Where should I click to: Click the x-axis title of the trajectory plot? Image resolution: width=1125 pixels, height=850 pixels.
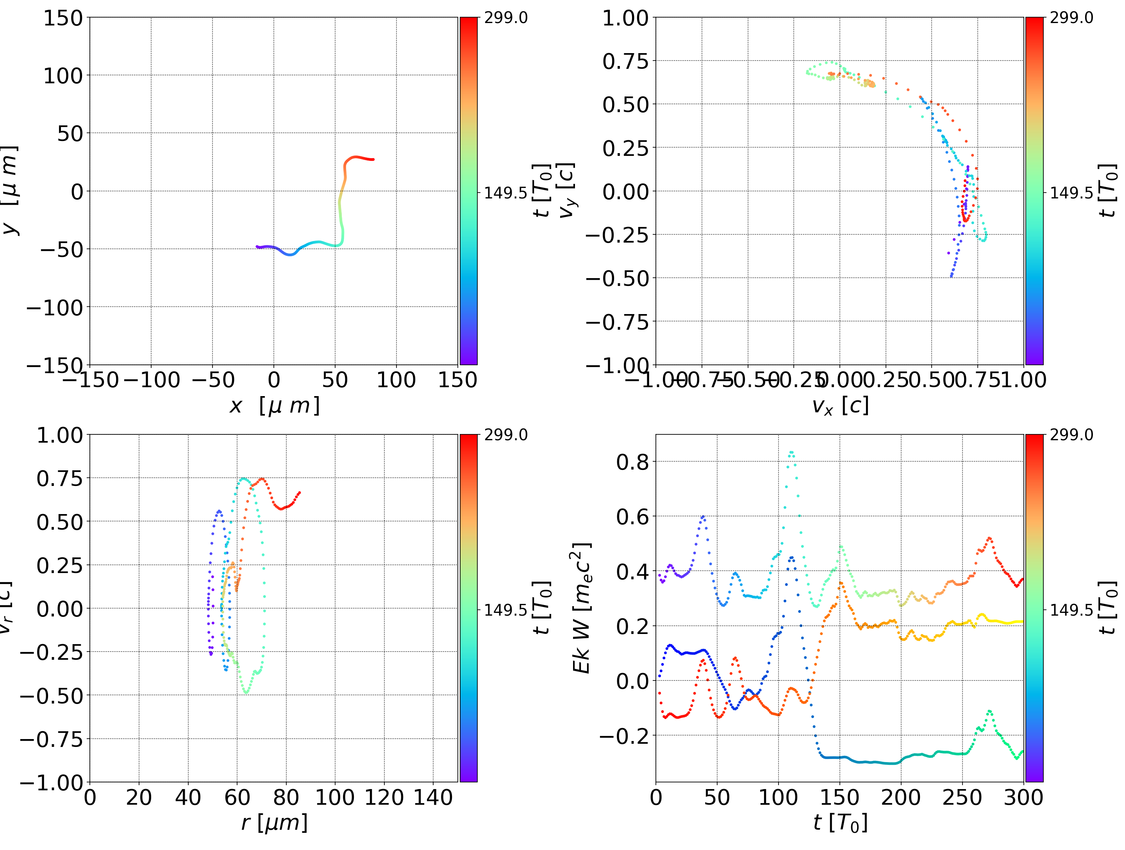(275, 406)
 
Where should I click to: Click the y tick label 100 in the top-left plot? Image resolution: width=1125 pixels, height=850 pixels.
(62, 76)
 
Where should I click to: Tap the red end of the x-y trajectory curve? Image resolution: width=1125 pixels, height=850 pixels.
(373, 159)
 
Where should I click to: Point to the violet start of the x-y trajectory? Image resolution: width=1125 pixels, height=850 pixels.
(257, 247)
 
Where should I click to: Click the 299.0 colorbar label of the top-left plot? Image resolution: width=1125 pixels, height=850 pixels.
(505, 18)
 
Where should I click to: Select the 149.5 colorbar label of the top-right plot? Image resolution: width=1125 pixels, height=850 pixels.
(1071, 193)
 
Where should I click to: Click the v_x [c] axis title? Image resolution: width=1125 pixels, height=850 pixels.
(840, 406)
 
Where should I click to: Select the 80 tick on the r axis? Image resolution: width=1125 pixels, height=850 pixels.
(286, 798)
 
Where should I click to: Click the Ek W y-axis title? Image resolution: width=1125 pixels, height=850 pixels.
(581, 608)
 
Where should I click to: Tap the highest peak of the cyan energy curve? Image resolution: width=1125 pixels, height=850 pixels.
(791, 452)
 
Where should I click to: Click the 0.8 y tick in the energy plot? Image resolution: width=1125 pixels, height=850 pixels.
(633, 462)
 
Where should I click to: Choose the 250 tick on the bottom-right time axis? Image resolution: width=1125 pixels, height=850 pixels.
(962, 798)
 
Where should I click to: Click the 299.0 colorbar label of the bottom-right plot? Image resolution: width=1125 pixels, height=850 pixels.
(1071, 435)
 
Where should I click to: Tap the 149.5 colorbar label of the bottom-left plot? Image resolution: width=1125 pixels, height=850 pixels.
(505, 609)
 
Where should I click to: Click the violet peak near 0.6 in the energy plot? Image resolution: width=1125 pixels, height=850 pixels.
(703, 517)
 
